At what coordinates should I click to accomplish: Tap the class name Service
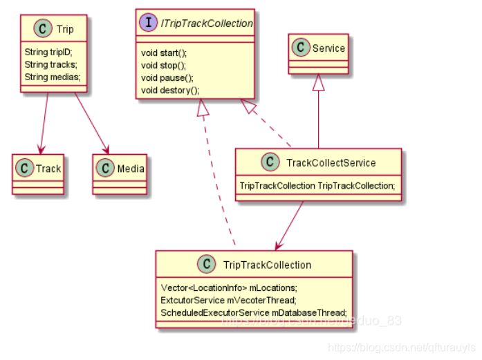pyautogui.click(x=328, y=48)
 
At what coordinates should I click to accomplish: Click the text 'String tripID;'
pyautogui.click(x=48, y=52)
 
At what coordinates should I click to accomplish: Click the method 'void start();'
pyautogui.click(x=164, y=53)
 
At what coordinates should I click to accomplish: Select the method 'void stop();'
pyautogui.click(x=163, y=65)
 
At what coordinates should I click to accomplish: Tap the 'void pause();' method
pyautogui.click(x=167, y=77)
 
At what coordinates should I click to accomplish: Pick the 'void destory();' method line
pyautogui.click(x=170, y=90)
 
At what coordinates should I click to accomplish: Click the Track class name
pyautogui.click(x=48, y=169)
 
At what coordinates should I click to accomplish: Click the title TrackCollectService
pyautogui.click(x=331, y=163)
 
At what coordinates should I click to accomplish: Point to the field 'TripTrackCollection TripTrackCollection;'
pyautogui.click(x=317, y=186)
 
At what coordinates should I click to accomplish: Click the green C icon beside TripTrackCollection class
pyautogui.click(x=204, y=265)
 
